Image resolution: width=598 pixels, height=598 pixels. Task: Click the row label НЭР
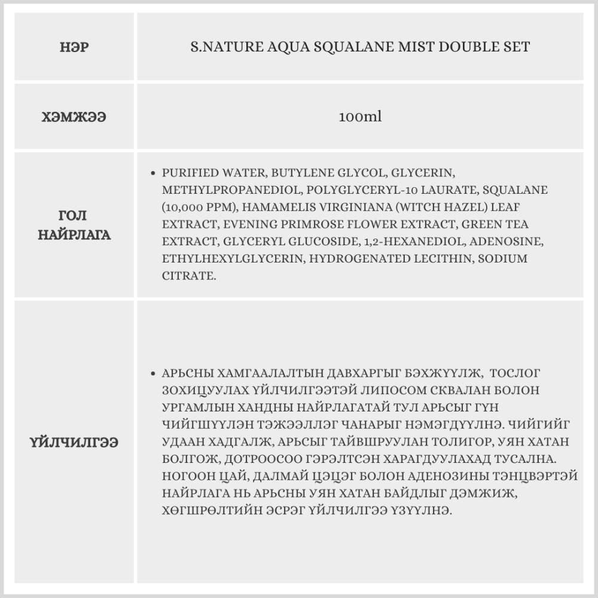[74, 47]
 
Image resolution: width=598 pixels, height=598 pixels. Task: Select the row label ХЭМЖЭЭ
[74, 117]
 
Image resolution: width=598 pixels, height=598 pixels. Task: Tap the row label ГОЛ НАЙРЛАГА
[74, 225]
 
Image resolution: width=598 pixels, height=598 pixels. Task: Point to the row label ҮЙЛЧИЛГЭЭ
[74, 443]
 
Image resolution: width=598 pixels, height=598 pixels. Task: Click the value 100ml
[359, 117]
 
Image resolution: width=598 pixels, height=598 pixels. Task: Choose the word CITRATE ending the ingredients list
[188, 276]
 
